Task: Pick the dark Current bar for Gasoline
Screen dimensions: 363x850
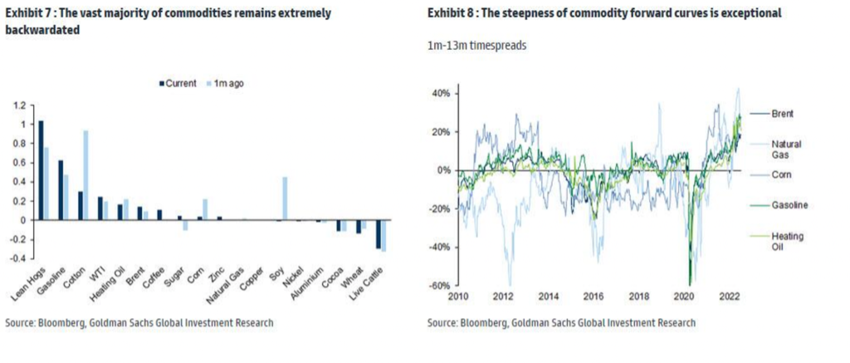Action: click(x=61, y=189)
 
